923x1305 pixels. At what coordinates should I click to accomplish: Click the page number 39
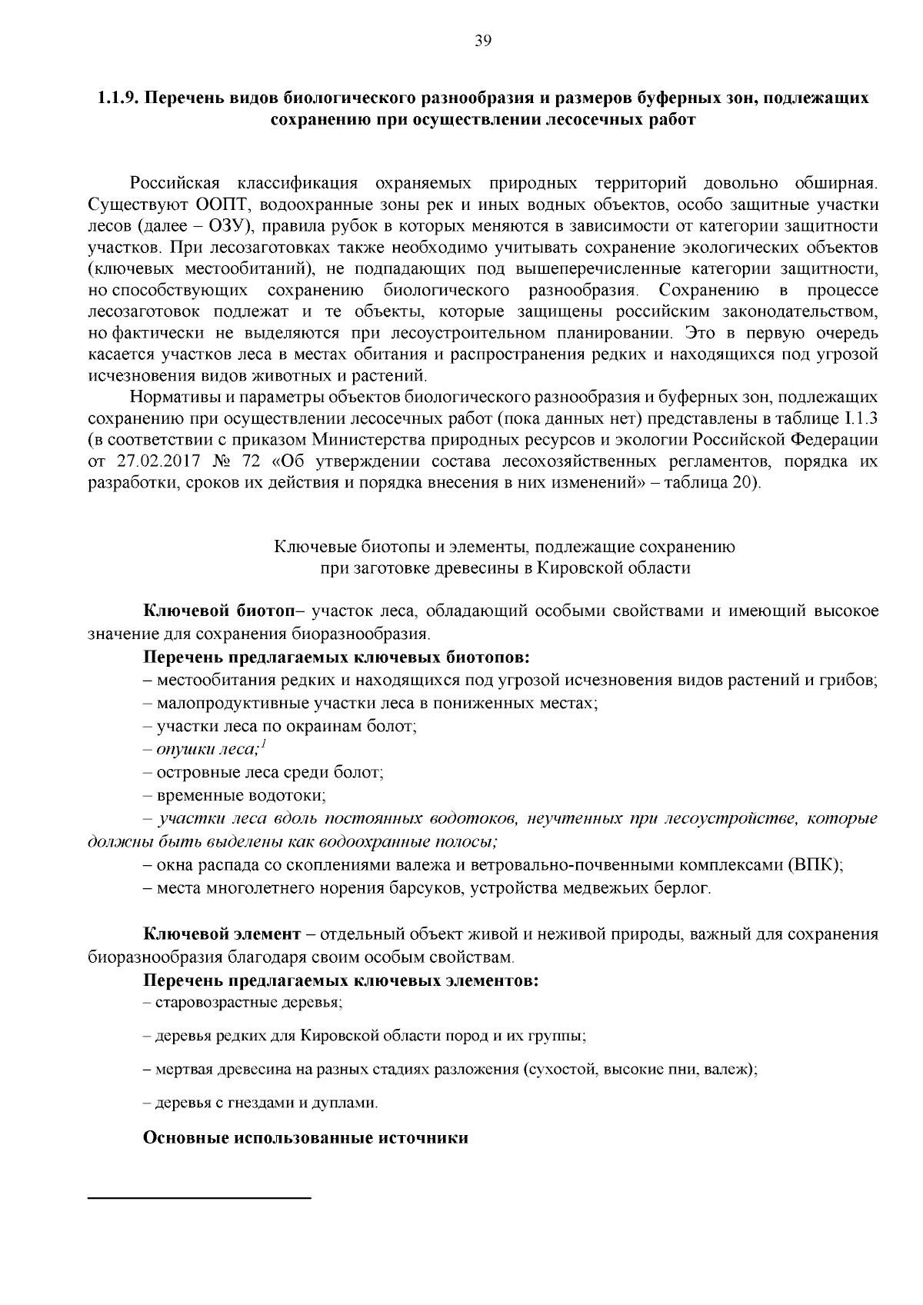tap(482, 42)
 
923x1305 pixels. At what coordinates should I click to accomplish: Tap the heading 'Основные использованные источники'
tap(306, 1138)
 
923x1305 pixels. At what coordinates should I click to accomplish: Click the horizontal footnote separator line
tap(200, 1198)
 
